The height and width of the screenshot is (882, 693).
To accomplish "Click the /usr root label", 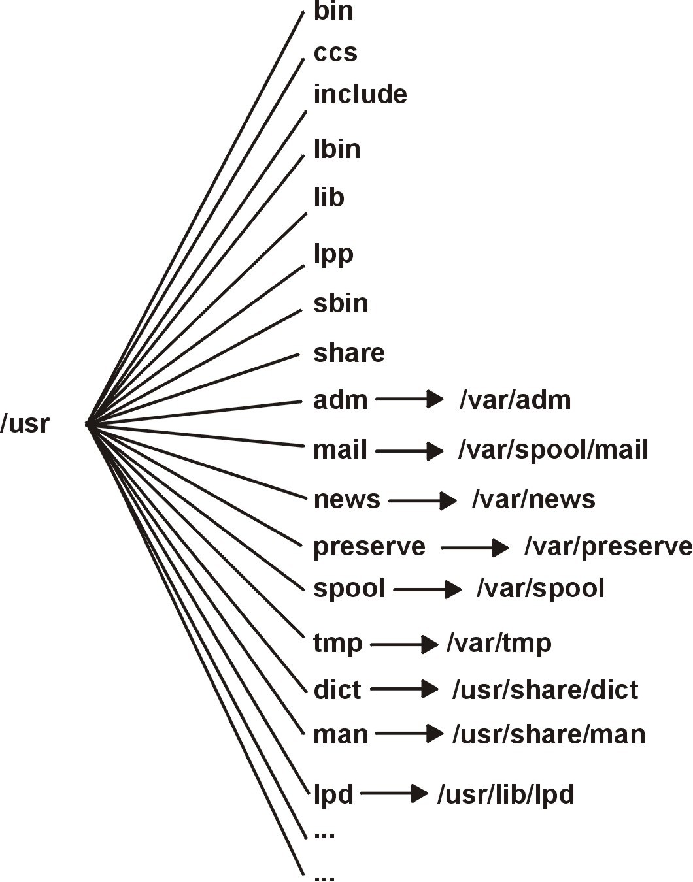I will pos(25,424).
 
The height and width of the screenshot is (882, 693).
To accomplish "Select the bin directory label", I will pos(333,11).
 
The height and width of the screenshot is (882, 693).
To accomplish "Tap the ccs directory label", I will pos(335,53).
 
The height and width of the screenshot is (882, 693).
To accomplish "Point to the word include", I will pos(360,95).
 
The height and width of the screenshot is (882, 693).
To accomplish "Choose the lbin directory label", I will pos(337,150).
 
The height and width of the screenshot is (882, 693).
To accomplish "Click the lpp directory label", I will pos(333,254).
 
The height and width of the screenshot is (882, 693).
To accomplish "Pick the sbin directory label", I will pos(341,304).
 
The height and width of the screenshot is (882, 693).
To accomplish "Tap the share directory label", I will pos(349,353).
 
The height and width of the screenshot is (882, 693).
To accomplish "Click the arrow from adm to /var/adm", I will pos(410,399).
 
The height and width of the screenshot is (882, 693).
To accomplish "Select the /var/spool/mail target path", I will pos(554,450).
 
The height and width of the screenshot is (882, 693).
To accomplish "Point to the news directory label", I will pos(347,500).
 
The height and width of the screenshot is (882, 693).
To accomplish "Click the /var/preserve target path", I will pos(608,547).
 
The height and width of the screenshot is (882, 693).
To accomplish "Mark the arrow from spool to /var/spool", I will pos(428,589).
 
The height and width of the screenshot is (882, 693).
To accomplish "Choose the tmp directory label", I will pos(338,644).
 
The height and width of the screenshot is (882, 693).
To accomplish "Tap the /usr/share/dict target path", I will pos(545,691).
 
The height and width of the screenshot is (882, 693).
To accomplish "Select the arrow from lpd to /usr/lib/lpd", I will pos(394,794).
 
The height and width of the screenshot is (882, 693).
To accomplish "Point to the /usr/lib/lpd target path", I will pos(506,795).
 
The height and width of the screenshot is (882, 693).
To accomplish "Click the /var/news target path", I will pos(533,500).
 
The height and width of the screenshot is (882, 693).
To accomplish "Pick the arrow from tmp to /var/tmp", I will pos(404,644).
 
